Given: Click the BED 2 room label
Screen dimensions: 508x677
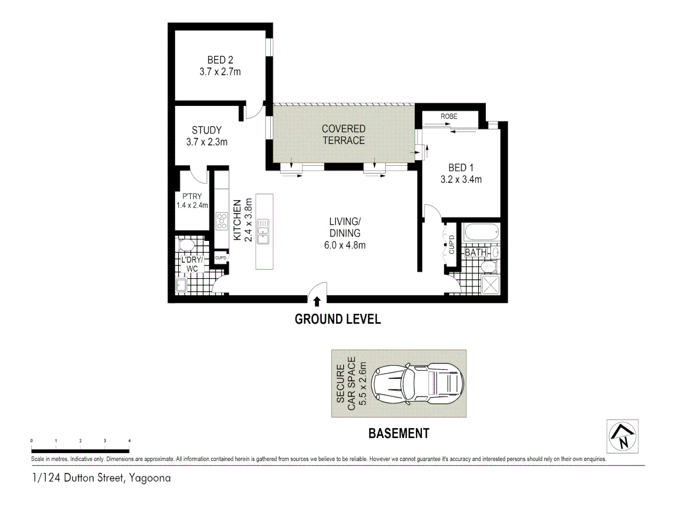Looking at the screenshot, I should click(x=220, y=60).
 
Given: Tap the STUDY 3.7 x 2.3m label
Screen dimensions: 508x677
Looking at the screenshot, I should click(x=207, y=136).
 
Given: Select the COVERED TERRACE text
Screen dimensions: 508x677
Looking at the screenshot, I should click(x=344, y=135).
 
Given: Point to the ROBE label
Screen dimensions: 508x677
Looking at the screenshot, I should click(x=449, y=116).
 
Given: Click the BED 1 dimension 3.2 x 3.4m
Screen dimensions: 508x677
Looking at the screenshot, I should click(x=461, y=179).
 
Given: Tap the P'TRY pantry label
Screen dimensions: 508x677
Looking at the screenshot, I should click(x=192, y=196).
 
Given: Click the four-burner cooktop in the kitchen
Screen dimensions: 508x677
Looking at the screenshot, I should click(x=221, y=221).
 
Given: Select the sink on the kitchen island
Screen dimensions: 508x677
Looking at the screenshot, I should click(x=263, y=231).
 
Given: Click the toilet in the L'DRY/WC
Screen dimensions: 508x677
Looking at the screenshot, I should click(x=187, y=245).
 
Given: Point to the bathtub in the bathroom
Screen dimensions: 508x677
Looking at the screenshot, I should click(x=481, y=232).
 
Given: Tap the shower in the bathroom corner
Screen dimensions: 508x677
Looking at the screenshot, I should click(x=490, y=285).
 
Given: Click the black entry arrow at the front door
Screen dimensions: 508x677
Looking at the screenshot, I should click(x=317, y=301).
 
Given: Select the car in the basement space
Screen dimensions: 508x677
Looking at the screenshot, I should click(x=417, y=383).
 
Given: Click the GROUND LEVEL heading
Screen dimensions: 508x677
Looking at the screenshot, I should click(x=338, y=319).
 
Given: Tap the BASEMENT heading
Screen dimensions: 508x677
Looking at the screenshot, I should click(x=399, y=433).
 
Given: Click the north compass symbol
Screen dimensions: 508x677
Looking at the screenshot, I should click(x=622, y=436).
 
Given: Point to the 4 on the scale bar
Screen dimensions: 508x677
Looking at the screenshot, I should click(x=129, y=441).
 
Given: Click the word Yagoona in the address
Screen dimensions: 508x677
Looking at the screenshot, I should click(x=150, y=478).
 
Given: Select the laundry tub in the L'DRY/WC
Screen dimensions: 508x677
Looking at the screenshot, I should click(x=181, y=285).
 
